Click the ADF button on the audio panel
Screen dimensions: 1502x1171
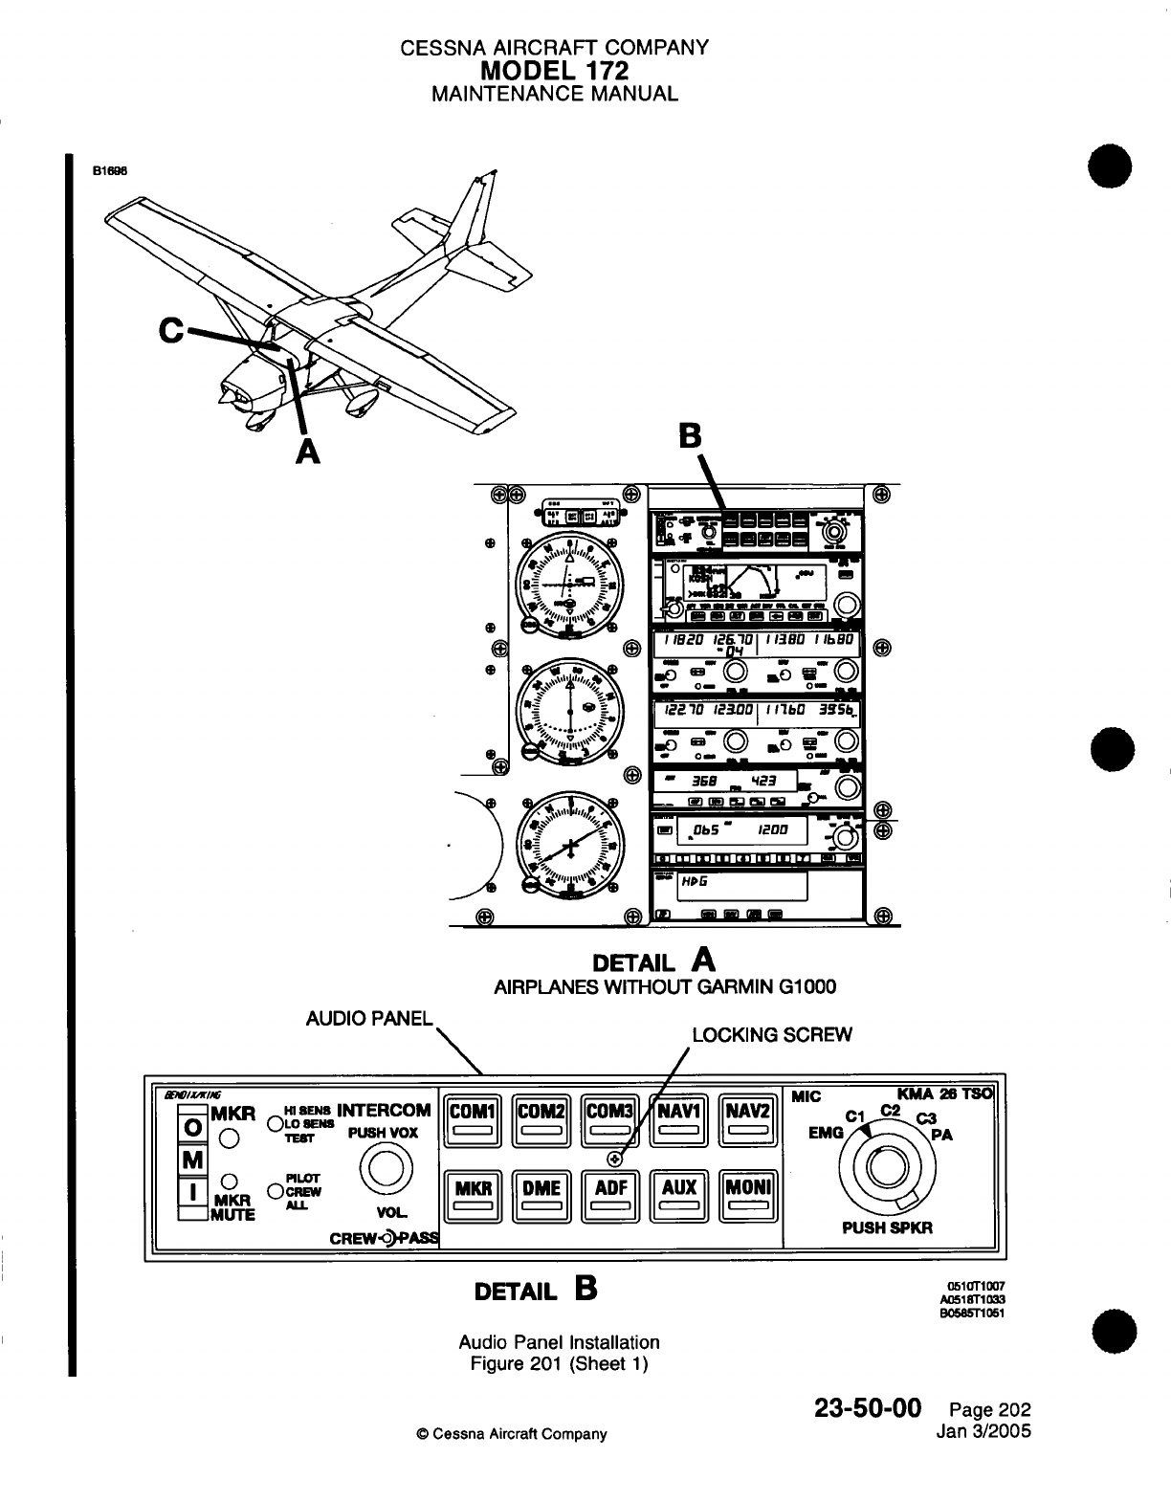[x=610, y=1196]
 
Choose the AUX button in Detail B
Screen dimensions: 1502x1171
[x=679, y=1196]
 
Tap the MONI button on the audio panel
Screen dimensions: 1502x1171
[x=748, y=1196]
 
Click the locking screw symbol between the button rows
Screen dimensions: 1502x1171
[x=616, y=1160]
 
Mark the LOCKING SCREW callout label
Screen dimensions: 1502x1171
[x=771, y=1034]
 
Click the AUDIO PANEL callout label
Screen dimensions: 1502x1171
[x=369, y=1017]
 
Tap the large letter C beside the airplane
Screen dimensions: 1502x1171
[x=172, y=330]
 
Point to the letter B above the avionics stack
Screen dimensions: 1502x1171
[x=690, y=437]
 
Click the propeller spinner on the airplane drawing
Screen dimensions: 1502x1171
[x=227, y=390]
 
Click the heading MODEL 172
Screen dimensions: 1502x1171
[x=555, y=71]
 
